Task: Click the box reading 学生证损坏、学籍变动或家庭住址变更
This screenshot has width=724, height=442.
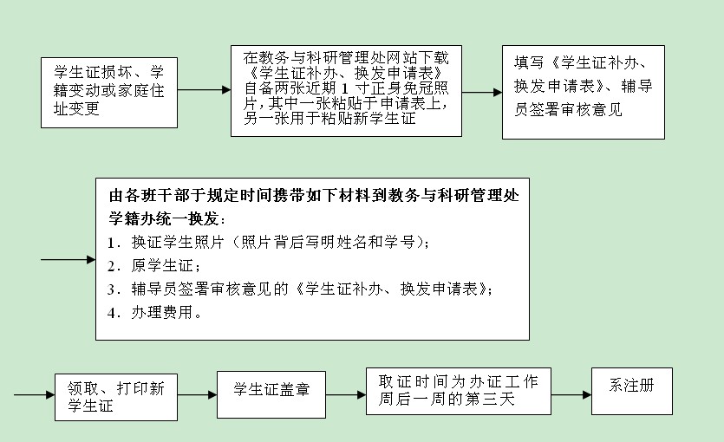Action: click(x=109, y=92)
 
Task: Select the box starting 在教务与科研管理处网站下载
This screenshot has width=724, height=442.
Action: click(x=346, y=91)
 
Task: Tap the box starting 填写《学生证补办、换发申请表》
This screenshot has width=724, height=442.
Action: click(x=584, y=92)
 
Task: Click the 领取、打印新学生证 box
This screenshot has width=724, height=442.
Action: click(x=116, y=397)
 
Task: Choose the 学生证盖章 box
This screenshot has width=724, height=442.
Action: click(x=271, y=395)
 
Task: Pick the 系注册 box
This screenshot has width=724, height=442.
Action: click(x=631, y=391)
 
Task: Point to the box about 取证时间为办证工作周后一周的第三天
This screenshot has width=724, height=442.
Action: click(x=459, y=391)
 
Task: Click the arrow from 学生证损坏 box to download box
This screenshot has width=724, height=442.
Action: click(x=204, y=90)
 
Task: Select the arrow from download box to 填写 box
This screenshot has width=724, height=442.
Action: click(x=482, y=92)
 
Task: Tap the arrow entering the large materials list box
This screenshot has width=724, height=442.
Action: click(x=68, y=260)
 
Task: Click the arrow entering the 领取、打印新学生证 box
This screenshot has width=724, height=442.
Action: click(x=34, y=395)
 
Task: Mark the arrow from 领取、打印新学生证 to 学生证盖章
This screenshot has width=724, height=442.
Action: click(x=197, y=395)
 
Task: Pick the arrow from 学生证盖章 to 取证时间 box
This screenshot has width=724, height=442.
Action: click(x=346, y=395)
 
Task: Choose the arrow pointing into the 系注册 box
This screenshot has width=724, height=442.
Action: click(x=571, y=395)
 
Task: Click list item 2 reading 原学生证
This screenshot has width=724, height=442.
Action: click(x=153, y=266)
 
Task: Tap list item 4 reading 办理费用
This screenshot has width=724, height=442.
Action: click(x=154, y=313)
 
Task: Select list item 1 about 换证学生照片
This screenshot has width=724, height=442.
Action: click(x=268, y=242)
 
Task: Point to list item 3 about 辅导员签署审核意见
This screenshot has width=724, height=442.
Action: click(x=300, y=289)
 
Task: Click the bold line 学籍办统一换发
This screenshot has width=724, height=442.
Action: click(x=167, y=218)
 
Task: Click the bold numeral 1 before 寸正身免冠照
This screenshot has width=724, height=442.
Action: click(x=344, y=88)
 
